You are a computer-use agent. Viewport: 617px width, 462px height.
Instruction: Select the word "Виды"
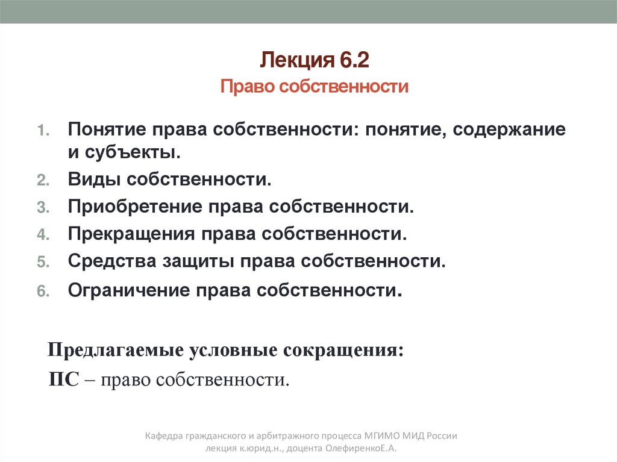[x=93, y=179]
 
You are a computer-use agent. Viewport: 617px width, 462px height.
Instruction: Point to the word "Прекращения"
[x=131, y=234]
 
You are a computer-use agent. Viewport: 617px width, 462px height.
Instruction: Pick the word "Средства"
[x=111, y=261]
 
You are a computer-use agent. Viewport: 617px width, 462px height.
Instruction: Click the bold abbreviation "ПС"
[x=63, y=380]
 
